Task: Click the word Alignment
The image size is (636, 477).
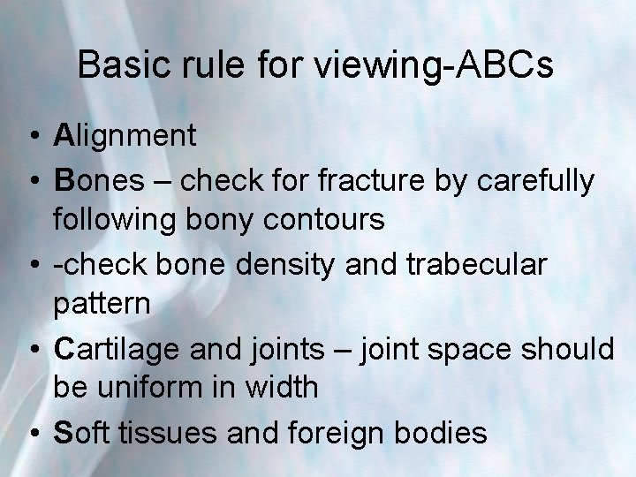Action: point(125,135)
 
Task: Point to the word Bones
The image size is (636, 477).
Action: point(99,179)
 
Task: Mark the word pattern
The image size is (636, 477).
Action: point(102,305)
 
